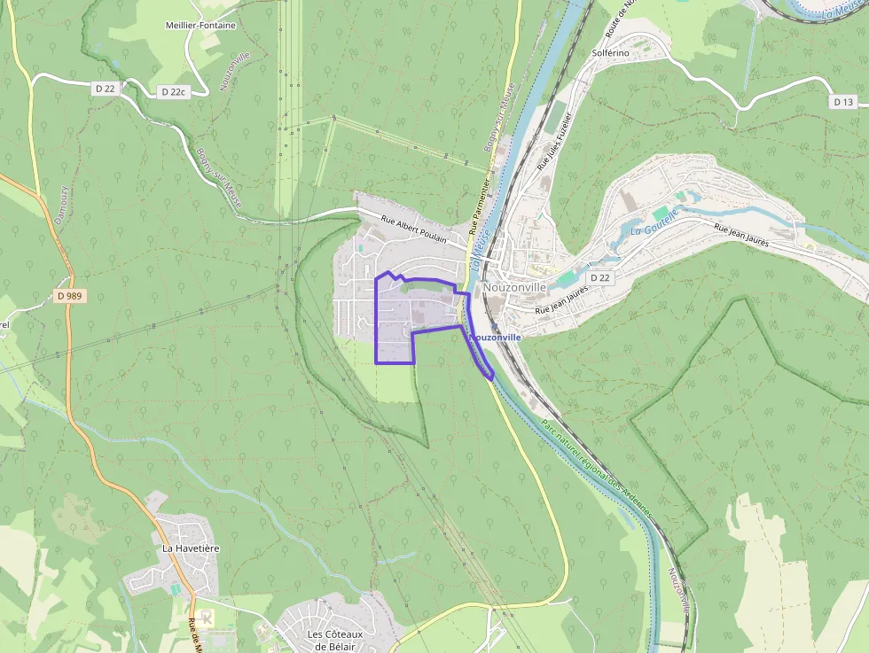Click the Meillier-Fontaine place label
pyautogui.click(x=200, y=26)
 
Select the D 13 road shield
pyautogui.click(x=843, y=102)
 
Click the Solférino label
pyautogui.click(x=610, y=53)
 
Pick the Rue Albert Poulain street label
pyautogui.click(x=413, y=232)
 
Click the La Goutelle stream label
pyautogui.click(x=654, y=222)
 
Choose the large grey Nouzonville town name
pyautogui.click(x=514, y=287)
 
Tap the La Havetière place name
pyautogui.click(x=190, y=548)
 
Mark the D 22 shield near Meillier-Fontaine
pyautogui.click(x=105, y=88)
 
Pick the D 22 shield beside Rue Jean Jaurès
pyautogui.click(x=600, y=277)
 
